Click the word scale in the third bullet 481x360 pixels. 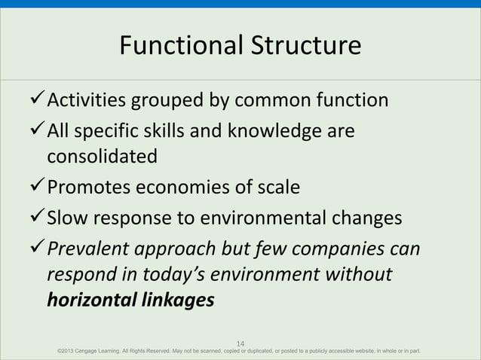[x=279, y=187]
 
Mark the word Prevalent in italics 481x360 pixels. [x=90, y=249]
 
